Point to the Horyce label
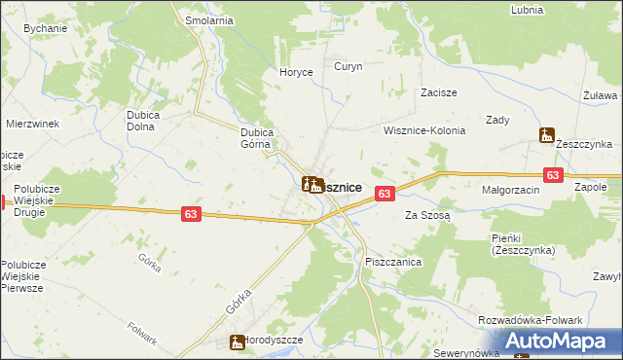click(x=296, y=72)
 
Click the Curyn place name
click(x=348, y=67)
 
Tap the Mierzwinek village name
click(x=33, y=124)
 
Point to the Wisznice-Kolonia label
click(x=424, y=130)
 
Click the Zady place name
click(x=498, y=120)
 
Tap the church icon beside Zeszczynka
click(x=547, y=137)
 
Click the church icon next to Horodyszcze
click(x=237, y=342)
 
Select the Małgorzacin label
click(x=510, y=191)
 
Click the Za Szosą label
click(x=427, y=215)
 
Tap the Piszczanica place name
click(x=392, y=263)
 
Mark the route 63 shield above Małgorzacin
click(x=553, y=175)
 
